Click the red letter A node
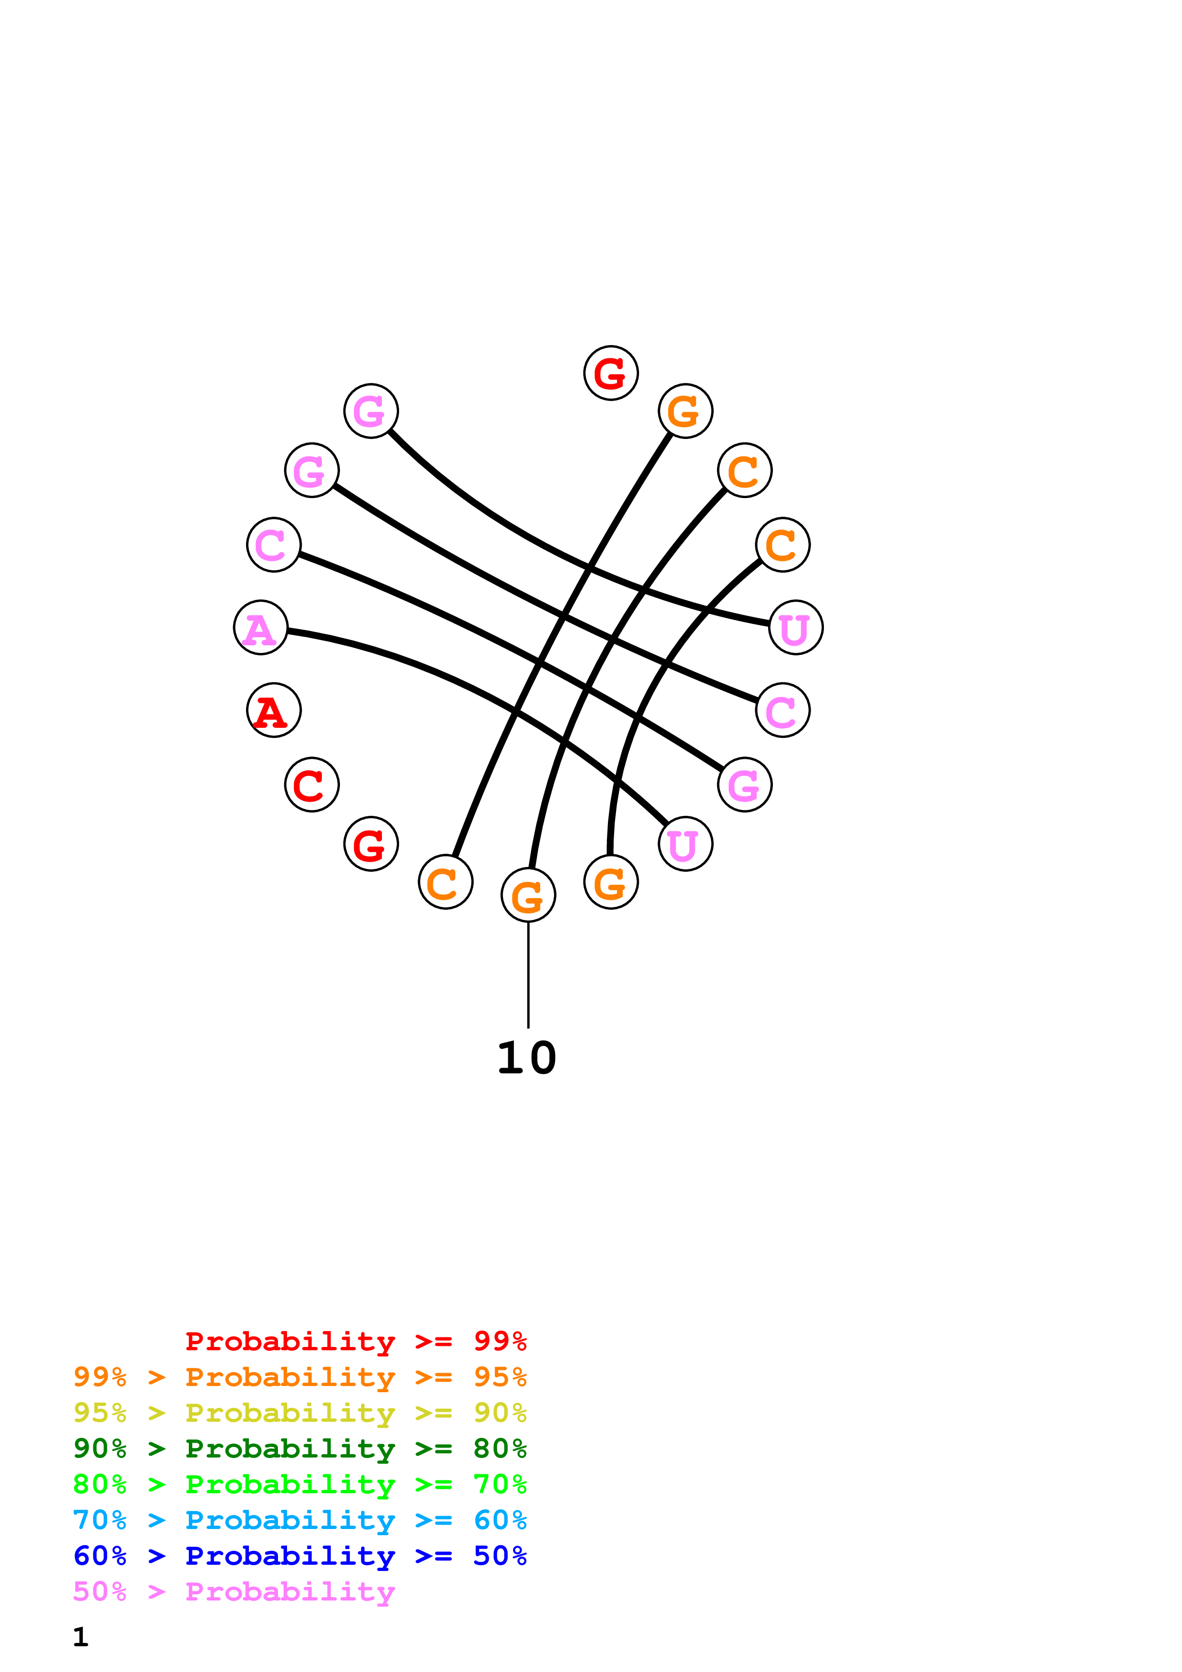pyautogui.click(x=274, y=710)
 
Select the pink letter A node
pyautogui.click(x=261, y=628)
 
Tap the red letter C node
pyautogui.click(x=312, y=785)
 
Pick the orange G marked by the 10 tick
pyautogui.click(x=528, y=895)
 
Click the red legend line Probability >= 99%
pyautogui.click(x=355, y=1341)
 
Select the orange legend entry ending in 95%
pyautogui.click(x=300, y=1376)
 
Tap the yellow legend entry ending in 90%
pyautogui.click(x=300, y=1412)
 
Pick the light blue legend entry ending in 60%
pyautogui.click(x=300, y=1520)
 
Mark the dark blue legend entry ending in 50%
pyautogui.click(x=300, y=1556)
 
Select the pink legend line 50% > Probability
pyautogui.click(x=234, y=1591)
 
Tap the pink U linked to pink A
pyautogui.click(x=685, y=844)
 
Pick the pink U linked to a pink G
pyautogui.click(x=796, y=628)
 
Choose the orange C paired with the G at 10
pyautogui.click(x=744, y=470)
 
